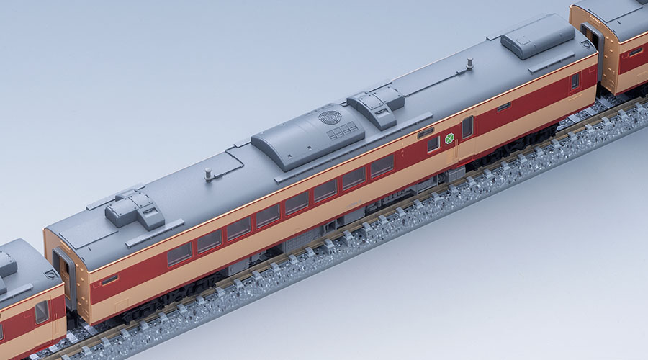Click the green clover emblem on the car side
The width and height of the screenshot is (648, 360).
449,138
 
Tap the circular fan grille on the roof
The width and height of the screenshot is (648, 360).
330,117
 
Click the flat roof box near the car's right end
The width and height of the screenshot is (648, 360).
537,36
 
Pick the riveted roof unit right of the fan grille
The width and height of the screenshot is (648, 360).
376,101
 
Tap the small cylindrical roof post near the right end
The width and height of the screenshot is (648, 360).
469,63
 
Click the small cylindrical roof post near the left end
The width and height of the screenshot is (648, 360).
208,174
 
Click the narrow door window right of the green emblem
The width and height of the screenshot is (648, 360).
467,127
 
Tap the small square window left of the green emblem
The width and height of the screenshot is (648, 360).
433,144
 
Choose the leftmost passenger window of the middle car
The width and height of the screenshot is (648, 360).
179,253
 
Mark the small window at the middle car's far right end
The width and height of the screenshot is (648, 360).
575,81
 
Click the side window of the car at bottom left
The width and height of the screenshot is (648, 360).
42,312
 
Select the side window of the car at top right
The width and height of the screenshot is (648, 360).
635,51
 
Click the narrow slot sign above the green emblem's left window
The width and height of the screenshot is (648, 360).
426,132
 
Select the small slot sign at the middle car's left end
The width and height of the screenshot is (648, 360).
109,280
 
